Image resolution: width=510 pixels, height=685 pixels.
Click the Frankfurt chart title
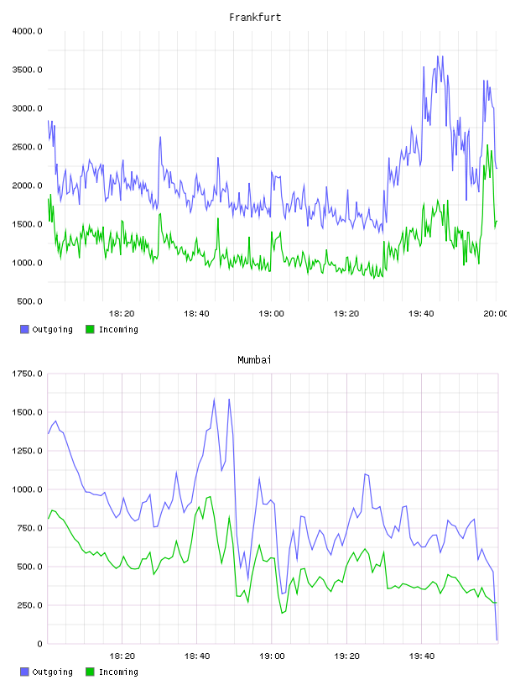(x=255, y=18)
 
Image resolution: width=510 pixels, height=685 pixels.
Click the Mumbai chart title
(x=254, y=360)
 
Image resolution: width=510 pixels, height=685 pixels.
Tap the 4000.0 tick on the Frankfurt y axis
(x=27, y=31)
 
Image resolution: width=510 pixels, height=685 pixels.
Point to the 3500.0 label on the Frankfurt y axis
(x=27, y=70)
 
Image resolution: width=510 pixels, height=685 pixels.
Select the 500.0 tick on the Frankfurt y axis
(x=29, y=301)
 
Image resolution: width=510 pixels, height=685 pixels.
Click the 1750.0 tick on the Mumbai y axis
(x=27, y=374)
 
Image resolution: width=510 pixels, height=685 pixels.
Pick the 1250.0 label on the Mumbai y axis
(x=27, y=451)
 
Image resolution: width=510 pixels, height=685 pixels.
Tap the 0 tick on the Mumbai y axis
(x=39, y=644)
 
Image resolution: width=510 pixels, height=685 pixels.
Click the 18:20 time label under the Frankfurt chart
(x=122, y=314)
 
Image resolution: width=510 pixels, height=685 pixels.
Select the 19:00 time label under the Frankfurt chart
(x=271, y=314)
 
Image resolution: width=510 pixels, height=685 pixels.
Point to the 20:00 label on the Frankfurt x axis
(x=496, y=314)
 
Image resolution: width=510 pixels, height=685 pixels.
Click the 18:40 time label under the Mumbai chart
(x=197, y=656)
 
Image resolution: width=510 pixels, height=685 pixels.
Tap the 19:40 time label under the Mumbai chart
(x=422, y=656)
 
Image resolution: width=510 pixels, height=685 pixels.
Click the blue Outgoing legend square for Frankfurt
(x=24, y=329)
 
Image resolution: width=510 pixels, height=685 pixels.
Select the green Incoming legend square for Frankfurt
(x=90, y=329)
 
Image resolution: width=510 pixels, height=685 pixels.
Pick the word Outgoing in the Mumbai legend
(x=52, y=672)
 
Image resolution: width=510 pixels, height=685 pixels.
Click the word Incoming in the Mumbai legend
(x=118, y=672)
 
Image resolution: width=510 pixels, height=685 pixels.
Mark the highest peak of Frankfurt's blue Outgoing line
(x=438, y=56)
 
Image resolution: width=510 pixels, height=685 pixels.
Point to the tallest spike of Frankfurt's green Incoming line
(x=487, y=145)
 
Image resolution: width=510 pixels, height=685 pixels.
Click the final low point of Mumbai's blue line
(x=497, y=640)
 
